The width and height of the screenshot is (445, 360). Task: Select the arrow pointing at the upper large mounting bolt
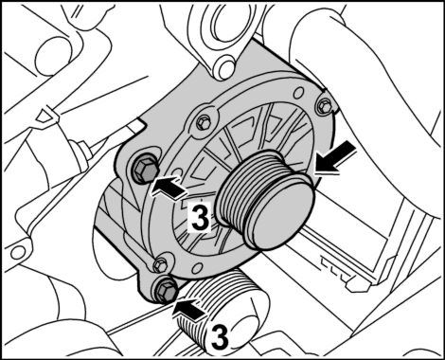pos(169,188)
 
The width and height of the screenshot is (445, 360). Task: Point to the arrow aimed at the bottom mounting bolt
pos(190,311)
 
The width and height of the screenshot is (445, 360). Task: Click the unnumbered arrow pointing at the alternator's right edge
pos(334,158)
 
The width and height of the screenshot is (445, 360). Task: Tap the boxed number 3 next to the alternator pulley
pos(199,218)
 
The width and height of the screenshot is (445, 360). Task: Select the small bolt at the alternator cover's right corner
pos(323,104)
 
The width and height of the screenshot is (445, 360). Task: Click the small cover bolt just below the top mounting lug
pos(204,121)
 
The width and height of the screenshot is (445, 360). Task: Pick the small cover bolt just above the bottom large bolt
pos(160,264)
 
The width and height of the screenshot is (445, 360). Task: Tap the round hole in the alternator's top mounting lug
pos(226,65)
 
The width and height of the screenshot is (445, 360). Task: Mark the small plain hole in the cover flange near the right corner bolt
pos(297,92)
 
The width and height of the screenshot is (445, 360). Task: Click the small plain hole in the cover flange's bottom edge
pos(197,268)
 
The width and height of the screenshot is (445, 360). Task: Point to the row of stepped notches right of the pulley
pos(335,268)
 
